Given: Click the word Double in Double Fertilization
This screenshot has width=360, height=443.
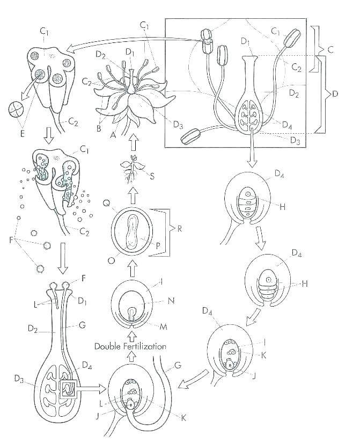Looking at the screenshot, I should (110, 346).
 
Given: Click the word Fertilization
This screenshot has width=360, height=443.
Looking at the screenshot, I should (146, 346).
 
